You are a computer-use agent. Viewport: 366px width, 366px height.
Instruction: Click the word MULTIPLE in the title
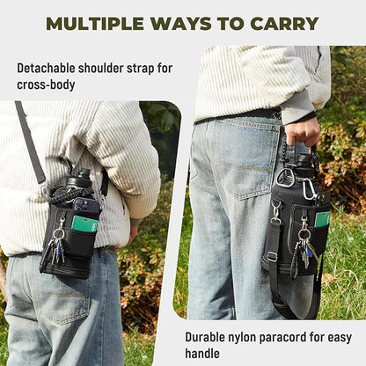[x=95, y=24]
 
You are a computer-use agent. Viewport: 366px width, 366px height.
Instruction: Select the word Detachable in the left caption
[x=46, y=69]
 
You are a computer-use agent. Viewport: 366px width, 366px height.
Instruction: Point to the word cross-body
[x=46, y=84]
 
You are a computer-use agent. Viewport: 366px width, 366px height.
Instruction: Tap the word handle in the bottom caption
[x=202, y=353]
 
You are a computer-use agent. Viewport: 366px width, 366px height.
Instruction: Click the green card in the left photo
[x=84, y=223]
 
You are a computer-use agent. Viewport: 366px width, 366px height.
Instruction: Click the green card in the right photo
[x=323, y=219]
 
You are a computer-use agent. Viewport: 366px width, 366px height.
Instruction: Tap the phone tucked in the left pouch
[x=87, y=204]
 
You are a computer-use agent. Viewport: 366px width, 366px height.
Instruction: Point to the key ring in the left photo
[x=58, y=234]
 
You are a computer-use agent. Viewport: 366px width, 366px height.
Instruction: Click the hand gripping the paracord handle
[x=302, y=131]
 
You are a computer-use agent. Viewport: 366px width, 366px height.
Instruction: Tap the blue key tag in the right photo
[x=309, y=252]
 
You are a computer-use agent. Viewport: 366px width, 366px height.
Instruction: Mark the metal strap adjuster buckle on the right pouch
[x=272, y=257]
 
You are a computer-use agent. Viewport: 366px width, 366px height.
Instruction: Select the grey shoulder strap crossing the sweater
[x=30, y=143]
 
